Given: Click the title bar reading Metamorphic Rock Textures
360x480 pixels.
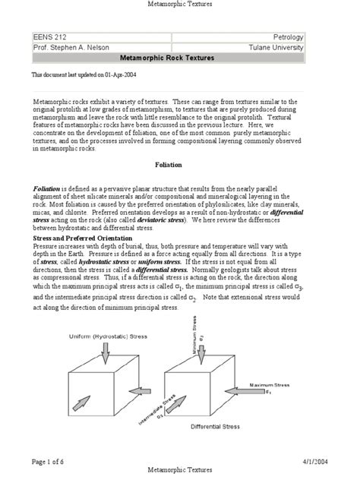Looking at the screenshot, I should pyautogui.click(x=168, y=58).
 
